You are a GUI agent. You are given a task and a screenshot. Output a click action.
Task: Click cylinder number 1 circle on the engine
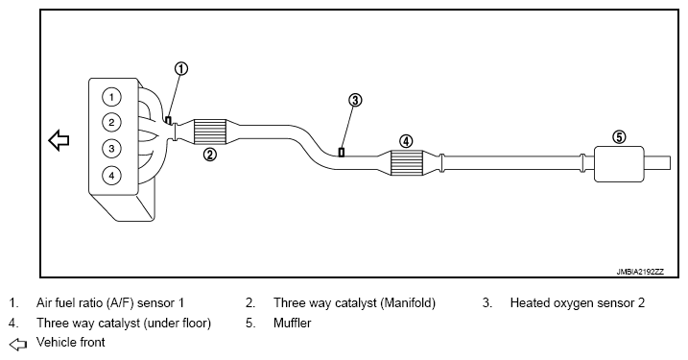pos(111,97)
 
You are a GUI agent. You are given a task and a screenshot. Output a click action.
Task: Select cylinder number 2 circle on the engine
pos(111,123)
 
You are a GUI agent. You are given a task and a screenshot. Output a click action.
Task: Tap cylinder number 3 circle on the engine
pos(111,149)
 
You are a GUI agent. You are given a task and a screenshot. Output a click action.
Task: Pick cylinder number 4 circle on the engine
pos(111,176)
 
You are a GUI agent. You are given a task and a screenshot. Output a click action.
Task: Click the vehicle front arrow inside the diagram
pos(59,140)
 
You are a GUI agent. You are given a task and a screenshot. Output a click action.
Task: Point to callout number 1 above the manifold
pos(181,69)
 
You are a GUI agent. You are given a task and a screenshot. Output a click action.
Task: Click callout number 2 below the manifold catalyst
pos(210,155)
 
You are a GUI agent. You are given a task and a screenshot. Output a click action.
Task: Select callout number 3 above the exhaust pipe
pos(355,101)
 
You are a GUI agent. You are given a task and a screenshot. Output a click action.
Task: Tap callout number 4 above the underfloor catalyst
pos(406,141)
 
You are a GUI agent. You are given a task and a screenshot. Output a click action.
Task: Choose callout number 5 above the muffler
pos(619,137)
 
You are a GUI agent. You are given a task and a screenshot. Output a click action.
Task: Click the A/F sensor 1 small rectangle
pos(168,120)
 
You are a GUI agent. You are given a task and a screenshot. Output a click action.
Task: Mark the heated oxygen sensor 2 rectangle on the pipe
pos(342,153)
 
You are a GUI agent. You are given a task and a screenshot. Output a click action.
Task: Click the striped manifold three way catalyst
pos(210,132)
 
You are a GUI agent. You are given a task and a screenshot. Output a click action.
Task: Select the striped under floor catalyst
pos(406,162)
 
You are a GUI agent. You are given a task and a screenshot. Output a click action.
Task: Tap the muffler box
pos(619,164)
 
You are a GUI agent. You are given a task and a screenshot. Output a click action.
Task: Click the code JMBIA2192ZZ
pos(640,272)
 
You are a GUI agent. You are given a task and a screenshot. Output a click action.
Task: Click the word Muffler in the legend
pos(293,324)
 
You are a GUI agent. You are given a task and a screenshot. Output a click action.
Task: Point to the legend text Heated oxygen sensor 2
pos(578,303)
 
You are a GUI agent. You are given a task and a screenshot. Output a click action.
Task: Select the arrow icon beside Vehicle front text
pos(18,345)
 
